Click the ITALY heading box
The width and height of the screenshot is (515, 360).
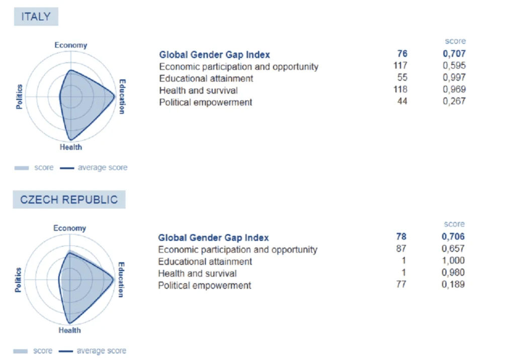[x=36, y=17]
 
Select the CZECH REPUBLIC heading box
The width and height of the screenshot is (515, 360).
[x=69, y=200]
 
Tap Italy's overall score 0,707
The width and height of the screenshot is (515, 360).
[x=454, y=53]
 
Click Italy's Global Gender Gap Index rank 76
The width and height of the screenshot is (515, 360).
[x=402, y=53]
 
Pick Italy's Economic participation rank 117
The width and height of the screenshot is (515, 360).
[x=400, y=66]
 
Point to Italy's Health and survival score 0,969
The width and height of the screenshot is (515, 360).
[x=454, y=89]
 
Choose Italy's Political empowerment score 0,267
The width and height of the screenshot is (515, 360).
[x=454, y=101]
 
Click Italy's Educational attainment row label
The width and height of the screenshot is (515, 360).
[x=206, y=78]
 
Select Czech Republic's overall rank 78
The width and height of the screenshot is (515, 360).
[x=401, y=236]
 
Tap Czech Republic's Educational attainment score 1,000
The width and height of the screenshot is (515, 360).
[x=453, y=260]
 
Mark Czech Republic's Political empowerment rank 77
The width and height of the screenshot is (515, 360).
[x=401, y=284]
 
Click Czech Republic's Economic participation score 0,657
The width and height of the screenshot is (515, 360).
[x=453, y=249]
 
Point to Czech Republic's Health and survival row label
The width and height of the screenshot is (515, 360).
[x=197, y=274]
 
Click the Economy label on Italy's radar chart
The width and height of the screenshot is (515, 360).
[x=71, y=45]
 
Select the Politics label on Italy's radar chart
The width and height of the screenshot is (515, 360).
[x=20, y=97]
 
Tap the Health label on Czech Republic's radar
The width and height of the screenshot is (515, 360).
[x=69, y=330]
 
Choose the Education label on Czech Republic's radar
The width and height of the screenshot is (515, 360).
[x=121, y=280]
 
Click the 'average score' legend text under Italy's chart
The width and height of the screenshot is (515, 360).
[x=103, y=167]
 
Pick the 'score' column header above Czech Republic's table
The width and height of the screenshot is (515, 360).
[x=454, y=224]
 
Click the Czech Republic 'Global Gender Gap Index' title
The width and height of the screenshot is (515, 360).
[x=213, y=237]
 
